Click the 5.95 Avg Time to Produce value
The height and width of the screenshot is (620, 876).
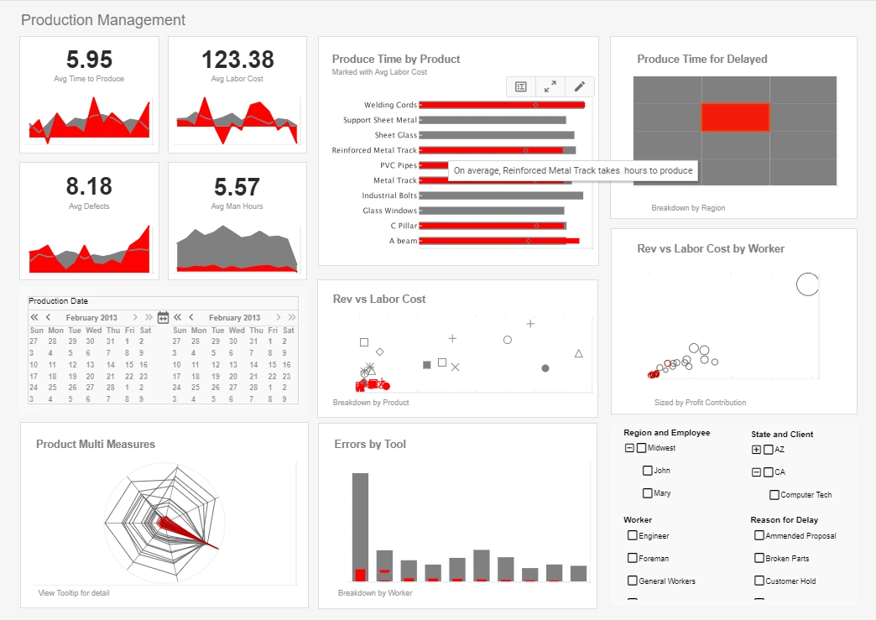click(89, 60)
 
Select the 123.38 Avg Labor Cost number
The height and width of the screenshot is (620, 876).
click(237, 60)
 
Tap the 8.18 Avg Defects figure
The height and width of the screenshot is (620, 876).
click(89, 186)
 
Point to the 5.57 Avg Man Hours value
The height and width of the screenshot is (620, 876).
click(237, 186)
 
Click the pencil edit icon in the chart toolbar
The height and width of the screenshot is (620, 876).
click(579, 86)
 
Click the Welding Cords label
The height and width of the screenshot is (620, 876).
click(390, 105)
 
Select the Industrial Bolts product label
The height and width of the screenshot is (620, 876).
click(389, 195)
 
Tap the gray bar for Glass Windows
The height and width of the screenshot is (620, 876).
click(491, 211)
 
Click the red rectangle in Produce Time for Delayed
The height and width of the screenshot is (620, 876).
click(735, 117)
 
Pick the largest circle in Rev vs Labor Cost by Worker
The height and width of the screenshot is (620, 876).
click(806, 284)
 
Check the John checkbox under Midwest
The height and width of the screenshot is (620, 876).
click(648, 471)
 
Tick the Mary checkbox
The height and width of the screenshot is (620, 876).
click(648, 493)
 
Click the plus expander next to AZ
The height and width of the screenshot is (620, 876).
click(756, 450)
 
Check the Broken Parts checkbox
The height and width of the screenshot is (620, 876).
click(759, 558)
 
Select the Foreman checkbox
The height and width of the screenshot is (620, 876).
click(633, 558)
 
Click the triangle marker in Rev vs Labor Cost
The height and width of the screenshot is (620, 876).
click(578, 353)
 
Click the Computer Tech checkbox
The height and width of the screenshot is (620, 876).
click(774, 495)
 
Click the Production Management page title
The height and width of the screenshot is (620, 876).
click(103, 19)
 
